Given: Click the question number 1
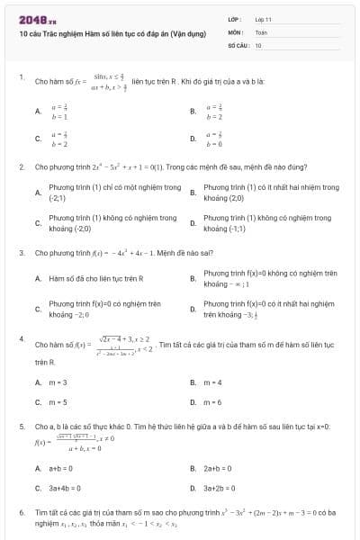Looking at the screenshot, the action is click(21, 77).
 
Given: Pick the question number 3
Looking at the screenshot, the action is click(21, 252).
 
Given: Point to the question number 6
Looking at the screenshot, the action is click(21, 511).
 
